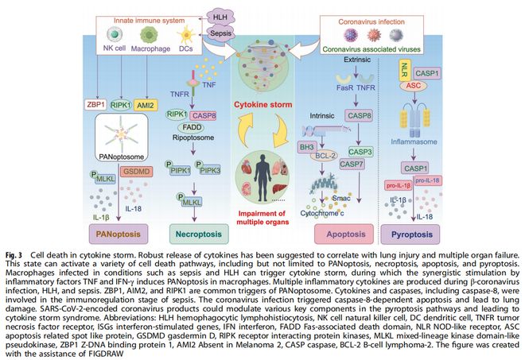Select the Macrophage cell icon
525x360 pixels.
tap(150, 37)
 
